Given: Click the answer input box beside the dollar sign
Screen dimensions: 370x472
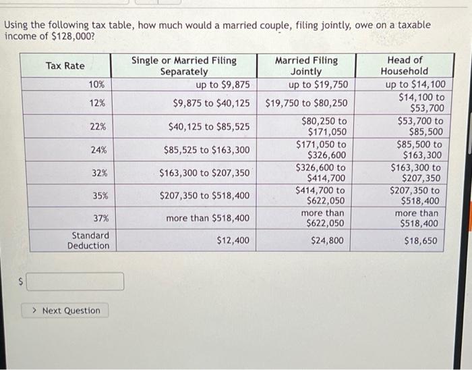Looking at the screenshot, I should coord(76,282).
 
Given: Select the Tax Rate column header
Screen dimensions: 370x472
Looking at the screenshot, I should coord(65,65).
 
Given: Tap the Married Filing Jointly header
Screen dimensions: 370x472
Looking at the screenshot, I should coord(306,65).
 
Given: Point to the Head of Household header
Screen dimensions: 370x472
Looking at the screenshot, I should coord(405,65).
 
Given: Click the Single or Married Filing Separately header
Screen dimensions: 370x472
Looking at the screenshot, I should coord(184,65).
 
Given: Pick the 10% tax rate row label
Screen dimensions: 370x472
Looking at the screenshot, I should coord(96,84).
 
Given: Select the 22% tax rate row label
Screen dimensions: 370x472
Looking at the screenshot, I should coord(98,126).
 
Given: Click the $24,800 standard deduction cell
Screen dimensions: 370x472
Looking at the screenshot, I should coord(327,240).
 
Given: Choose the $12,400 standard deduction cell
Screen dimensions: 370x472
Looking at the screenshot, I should coord(233,240).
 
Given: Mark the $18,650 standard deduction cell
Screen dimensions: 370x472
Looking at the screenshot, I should coord(421,240).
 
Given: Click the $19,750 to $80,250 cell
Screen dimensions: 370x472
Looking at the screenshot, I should coord(307,103).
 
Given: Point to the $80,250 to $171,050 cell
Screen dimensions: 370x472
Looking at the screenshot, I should coord(324,127).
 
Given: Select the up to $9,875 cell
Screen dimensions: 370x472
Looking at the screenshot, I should coord(223,84).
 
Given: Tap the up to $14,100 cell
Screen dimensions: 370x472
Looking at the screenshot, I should coord(415,84).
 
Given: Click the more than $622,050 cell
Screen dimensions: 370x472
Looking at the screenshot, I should coord(322,218).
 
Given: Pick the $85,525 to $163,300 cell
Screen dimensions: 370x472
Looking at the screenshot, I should coord(206,150).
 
